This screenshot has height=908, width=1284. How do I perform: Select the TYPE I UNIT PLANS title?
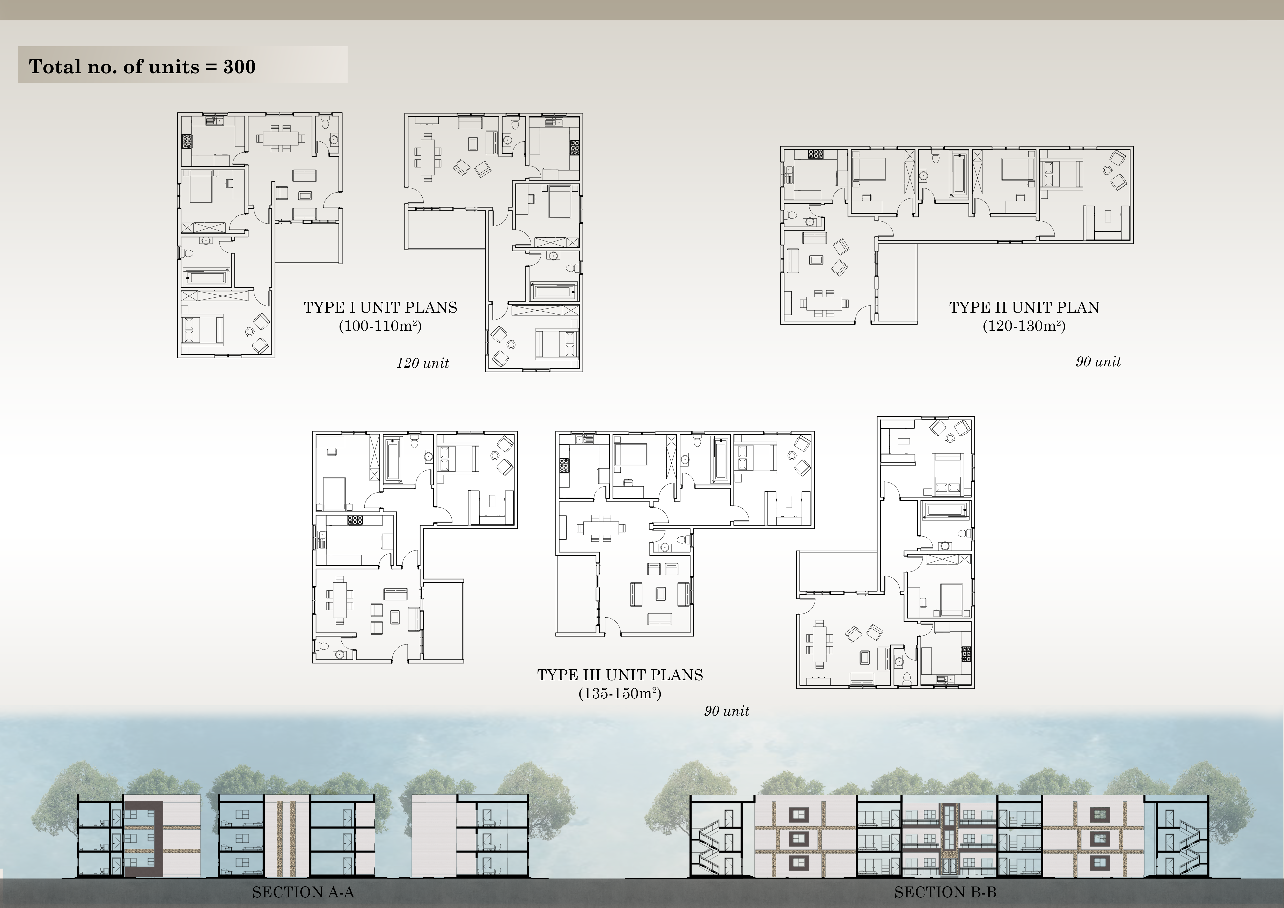pyautogui.click(x=380, y=307)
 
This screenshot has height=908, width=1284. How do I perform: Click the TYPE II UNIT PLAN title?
pyautogui.click(x=1024, y=307)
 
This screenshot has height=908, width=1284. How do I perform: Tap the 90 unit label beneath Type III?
pyautogui.click(x=727, y=711)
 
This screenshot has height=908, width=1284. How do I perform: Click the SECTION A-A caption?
pyautogui.click(x=303, y=892)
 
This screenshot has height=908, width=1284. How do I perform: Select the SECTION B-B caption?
pyautogui.click(x=945, y=892)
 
